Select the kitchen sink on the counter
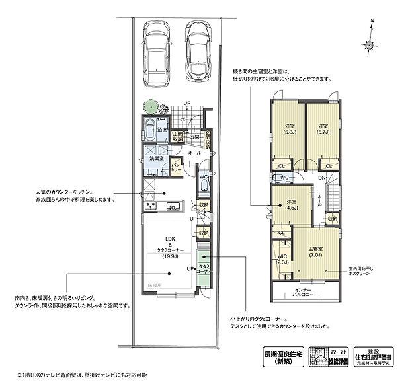(x=171, y=207)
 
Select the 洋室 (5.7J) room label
(x=323, y=130)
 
